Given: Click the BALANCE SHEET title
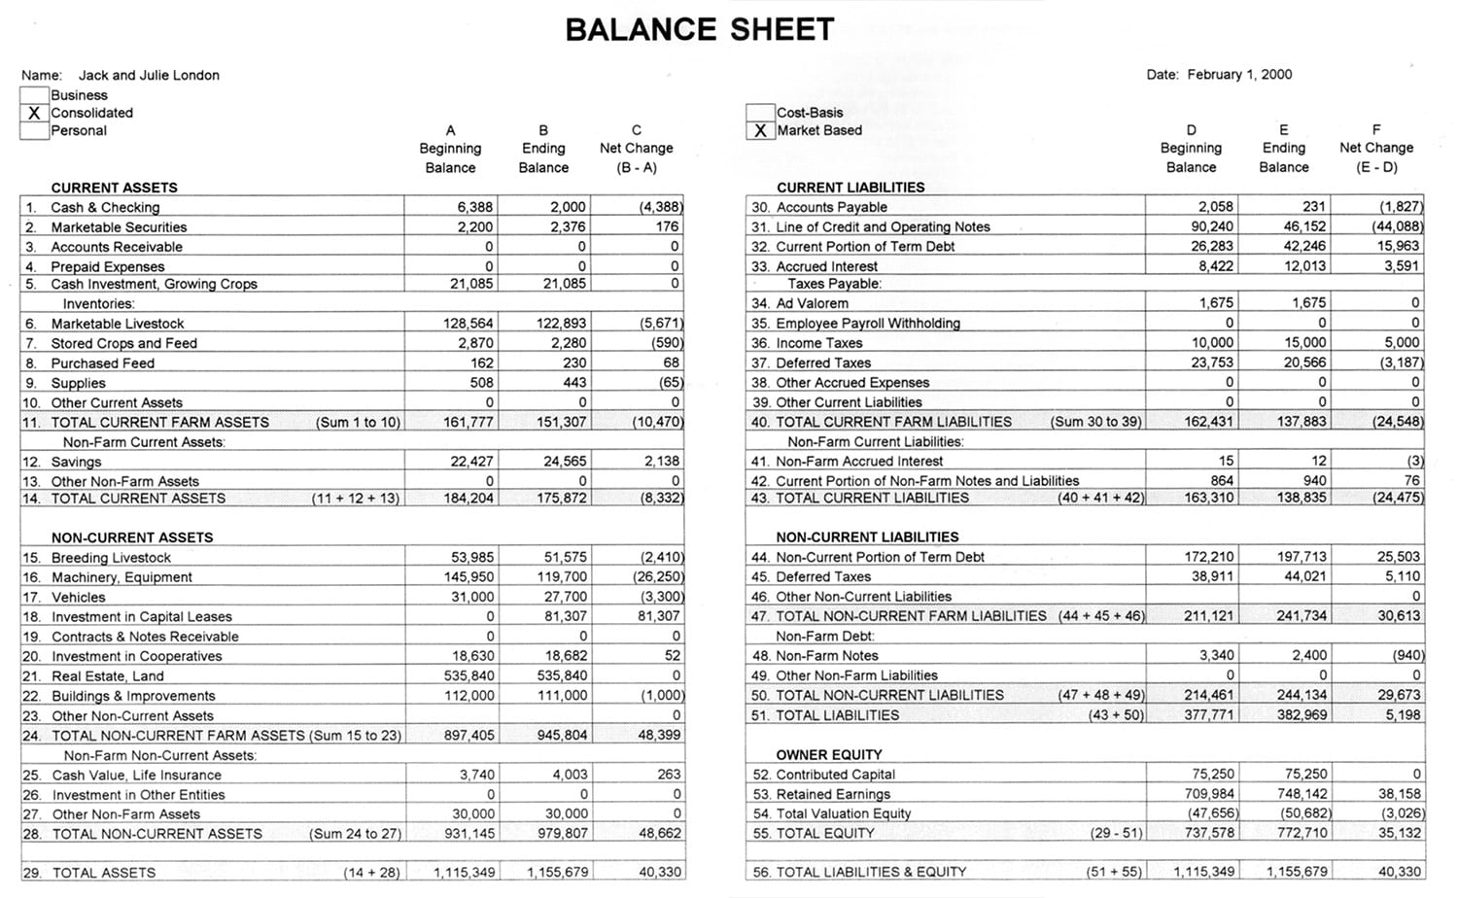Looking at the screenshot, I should pyautogui.click(x=700, y=30).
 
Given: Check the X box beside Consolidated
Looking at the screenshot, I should pyautogui.click(x=34, y=113).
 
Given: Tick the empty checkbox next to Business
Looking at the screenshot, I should pyautogui.click(x=34, y=95).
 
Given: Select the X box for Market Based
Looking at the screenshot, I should pyautogui.click(x=760, y=130).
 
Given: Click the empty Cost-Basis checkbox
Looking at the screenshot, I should pyautogui.click(x=760, y=113).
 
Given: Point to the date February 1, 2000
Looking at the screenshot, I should pyautogui.click(x=1239, y=75).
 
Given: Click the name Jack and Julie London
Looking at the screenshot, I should pyautogui.click(x=149, y=75).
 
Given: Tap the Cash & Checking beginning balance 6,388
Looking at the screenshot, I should pyautogui.click(x=474, y=207).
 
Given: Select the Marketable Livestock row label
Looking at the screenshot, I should pyautogui.click(x=118, y=324).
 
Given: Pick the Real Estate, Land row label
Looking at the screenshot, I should pyautogui.click(x=108, y=676).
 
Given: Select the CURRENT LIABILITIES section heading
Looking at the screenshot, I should pyautogui.click(x=850, y=188).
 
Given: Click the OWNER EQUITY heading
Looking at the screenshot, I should pyautogui.click(x=829, y=755).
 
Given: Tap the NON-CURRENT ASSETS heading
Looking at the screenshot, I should pyautogui.click(x=132, y=537).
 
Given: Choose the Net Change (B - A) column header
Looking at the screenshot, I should pyautogui.click(x=636, y=149).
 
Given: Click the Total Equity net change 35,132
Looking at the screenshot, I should pyautogui.click(x=1400, y=833).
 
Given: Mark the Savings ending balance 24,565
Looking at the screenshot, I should pyautogui.click(x=565, y=462).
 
